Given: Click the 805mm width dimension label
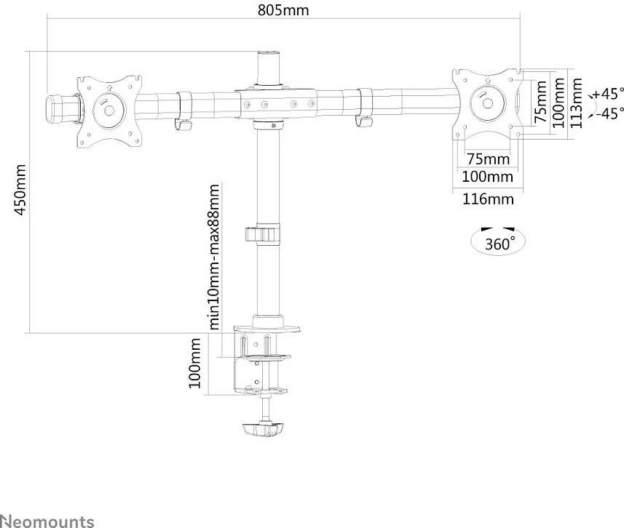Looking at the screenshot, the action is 283,10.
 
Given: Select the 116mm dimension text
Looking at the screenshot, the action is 488,199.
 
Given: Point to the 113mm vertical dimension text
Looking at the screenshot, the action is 576,103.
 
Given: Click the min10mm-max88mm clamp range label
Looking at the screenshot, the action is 214,257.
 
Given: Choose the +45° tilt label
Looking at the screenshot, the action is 608,94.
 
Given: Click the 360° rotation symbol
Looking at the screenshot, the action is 498,241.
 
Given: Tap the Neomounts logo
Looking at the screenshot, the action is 47,521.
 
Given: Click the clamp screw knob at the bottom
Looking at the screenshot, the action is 262,429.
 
